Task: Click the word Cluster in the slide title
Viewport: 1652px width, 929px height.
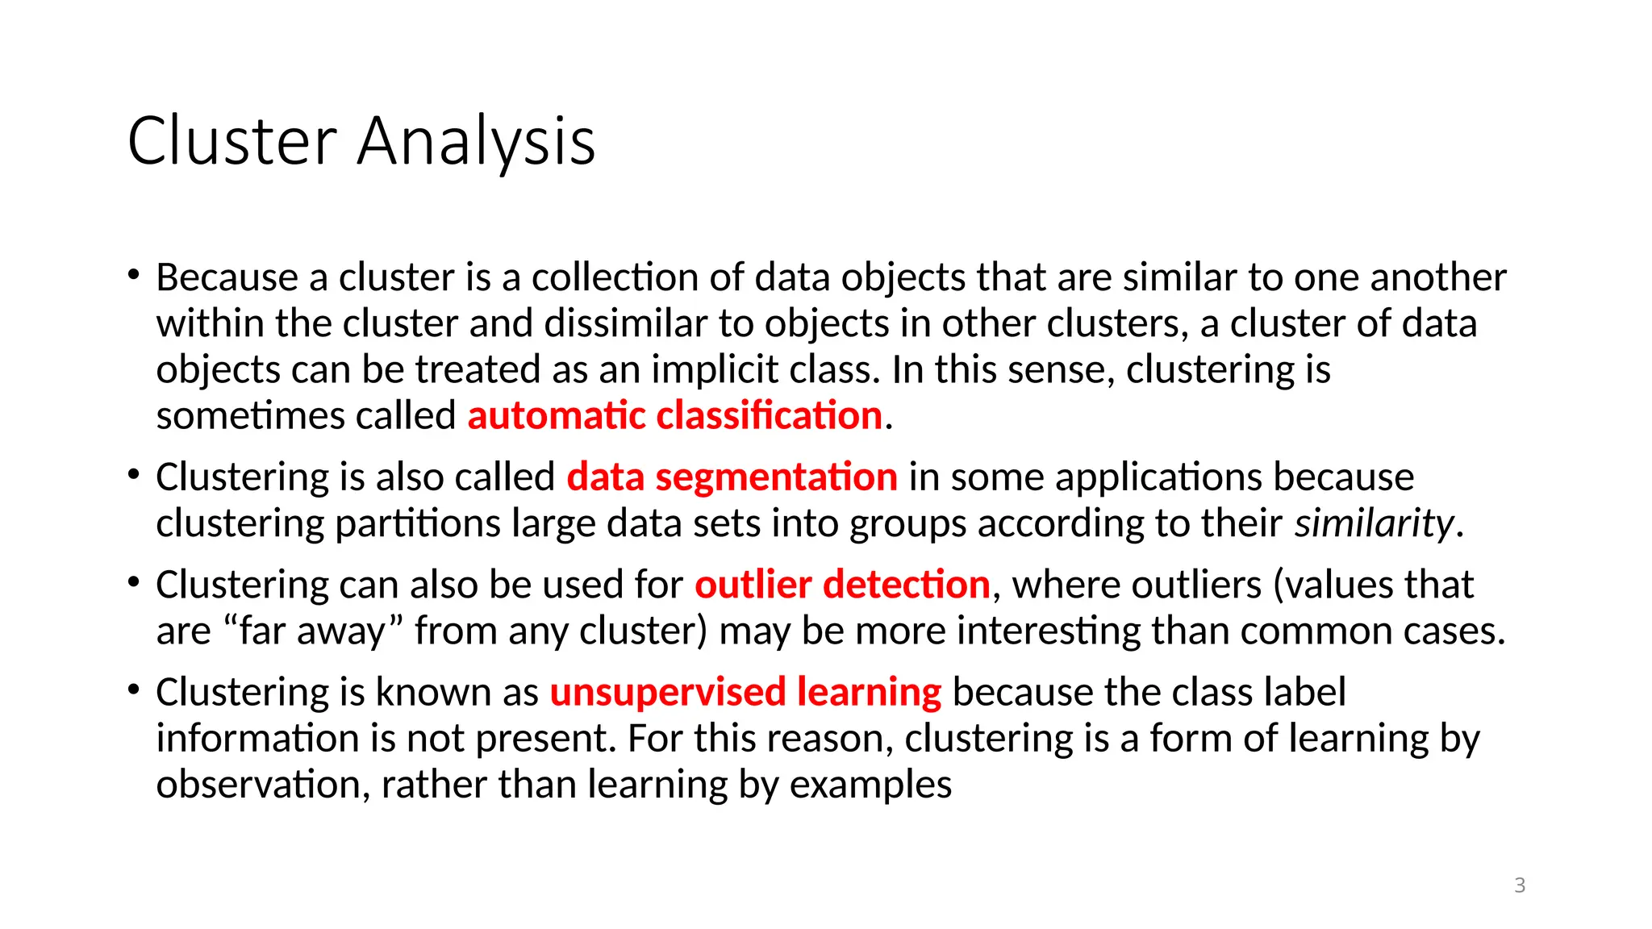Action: coord(232,141)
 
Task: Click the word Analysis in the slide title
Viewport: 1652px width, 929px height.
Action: coord(476,141)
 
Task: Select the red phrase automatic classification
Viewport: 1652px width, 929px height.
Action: coord(674,415)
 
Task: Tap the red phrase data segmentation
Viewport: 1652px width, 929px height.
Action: coord(732,477)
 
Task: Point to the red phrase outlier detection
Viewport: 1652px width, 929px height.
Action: coord(842,584)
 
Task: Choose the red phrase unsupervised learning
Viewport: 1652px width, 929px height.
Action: coord(745,692)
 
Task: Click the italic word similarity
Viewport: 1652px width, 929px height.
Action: coord(1374,523)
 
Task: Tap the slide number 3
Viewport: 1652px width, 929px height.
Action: coord(1520,885)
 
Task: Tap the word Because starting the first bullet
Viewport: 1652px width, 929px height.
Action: coord(227,277)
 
